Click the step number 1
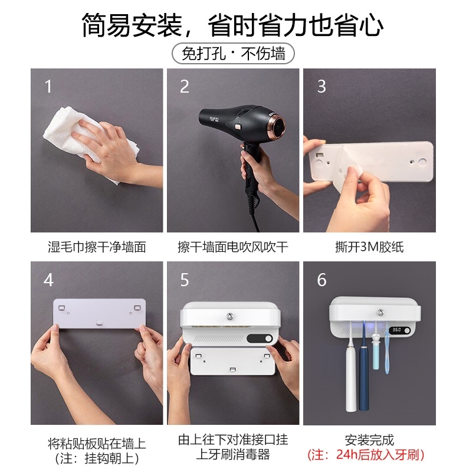[48, 86]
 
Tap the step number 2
[184, 86]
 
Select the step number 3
[321, 86]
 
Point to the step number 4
[48, 280]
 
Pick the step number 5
[185, 280]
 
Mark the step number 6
[321, 280]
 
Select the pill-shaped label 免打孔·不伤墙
[233, 54]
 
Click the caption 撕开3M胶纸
[369, 247]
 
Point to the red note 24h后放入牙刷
[366, 454]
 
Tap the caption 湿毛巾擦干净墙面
[97, 247]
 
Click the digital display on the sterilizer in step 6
[397, 330]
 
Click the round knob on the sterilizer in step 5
[230, 316]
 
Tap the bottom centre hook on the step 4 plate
[99, 323]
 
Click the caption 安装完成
[369, 440]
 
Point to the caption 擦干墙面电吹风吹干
[233, 247]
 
